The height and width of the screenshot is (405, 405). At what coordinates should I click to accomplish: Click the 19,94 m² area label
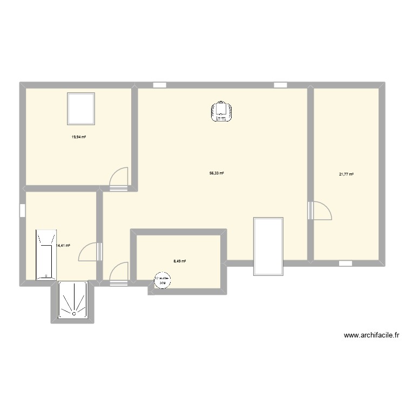tap(79, 137)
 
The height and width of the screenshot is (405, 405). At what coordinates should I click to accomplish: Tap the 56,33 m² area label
tap(217, 173)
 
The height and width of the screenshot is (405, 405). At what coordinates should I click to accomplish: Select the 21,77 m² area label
tap(346, 174)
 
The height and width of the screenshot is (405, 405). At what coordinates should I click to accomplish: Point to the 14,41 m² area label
tap(63, 245)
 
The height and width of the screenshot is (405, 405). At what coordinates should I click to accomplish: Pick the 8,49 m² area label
tap(180, 261)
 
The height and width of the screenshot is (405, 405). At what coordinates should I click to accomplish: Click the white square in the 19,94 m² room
tap(81, 107)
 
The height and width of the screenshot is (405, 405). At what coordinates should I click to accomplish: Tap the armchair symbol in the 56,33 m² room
tap(221, 111)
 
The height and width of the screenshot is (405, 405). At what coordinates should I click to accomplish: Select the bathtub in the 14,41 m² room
tap(46, 255)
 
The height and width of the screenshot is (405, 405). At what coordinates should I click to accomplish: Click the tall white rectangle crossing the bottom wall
tap(268, 246)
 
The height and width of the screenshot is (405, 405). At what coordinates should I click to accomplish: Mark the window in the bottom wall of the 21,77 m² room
tap(346, 264)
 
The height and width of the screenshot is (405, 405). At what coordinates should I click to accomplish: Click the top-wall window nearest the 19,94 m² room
tap(159, 85)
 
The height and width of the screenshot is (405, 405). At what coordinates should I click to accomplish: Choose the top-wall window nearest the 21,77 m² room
tap(280, 85)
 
